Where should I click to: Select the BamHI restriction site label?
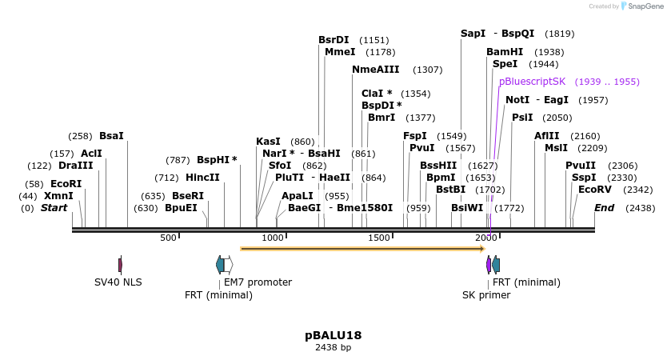click(x=505, y=52)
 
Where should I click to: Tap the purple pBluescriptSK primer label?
click(x=532, y=82)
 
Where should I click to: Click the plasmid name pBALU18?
click(x=333, y=334)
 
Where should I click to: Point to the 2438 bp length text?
click(x=333, y=348)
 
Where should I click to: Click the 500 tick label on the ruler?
click(x=168, y=238)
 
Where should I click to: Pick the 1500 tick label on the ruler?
click(x=379, y=238)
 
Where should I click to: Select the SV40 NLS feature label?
click(x=118, y=282)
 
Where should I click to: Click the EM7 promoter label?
click(x=258, y=282)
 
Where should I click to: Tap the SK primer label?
click(x=486, y=294)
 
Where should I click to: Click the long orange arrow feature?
click(x=362, y=249)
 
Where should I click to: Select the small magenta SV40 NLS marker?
click(x=120, y=264)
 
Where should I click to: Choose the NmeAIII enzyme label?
click(x=375, y=70)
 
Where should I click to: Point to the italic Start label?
click(x=54, y=208)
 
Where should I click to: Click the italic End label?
click(x=604, y=208)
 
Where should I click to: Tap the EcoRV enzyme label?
click(x=594, y=190)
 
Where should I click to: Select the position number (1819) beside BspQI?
click(x=559, y=34)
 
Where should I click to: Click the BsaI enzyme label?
click(x=111, y=136)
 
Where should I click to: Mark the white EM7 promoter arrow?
click(x=229, y=264)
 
